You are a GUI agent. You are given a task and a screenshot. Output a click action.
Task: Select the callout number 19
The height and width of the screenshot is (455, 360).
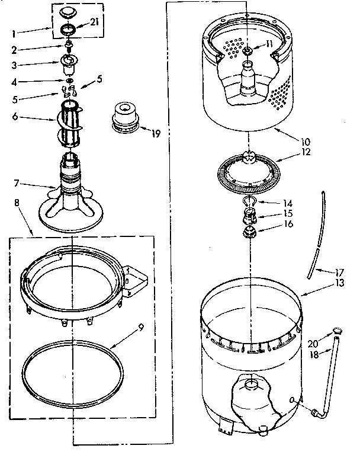tap(156, 133)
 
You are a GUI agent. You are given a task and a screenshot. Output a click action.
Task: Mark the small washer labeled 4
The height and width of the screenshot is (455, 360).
tap(70, 81)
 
